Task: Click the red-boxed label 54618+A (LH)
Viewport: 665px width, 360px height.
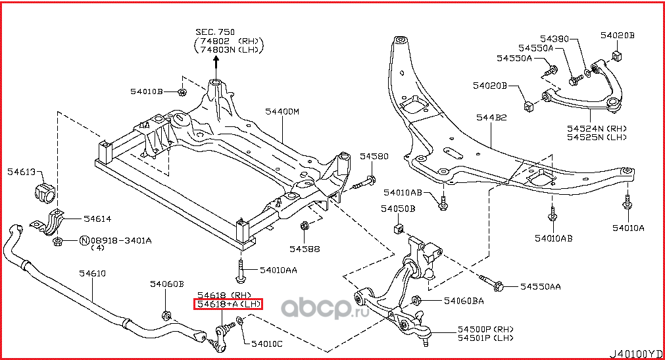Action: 228,304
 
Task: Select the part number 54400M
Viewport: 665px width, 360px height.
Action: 282,112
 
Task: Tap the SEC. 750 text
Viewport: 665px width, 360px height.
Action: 215,32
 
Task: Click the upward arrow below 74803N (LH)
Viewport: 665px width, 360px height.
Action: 216,65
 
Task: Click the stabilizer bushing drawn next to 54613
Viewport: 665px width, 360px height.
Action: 42,192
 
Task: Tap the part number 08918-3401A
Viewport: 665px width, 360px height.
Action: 122,241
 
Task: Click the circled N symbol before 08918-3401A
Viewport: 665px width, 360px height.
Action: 84,241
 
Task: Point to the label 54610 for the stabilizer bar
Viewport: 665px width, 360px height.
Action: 92,272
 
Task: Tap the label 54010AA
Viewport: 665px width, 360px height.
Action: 278,270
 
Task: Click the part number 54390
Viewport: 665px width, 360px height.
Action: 554,39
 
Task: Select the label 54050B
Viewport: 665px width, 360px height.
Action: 398,209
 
